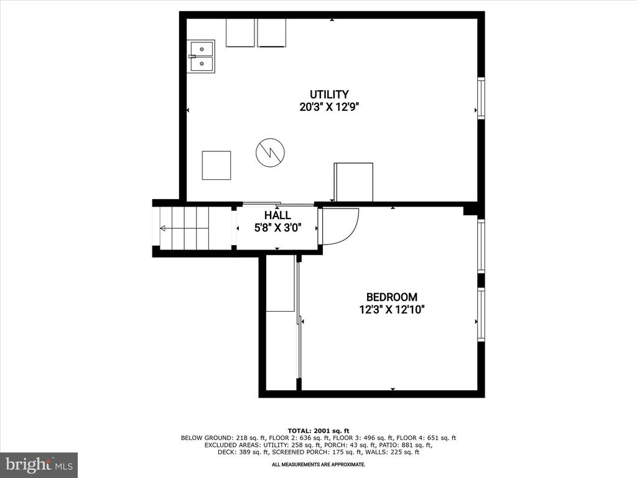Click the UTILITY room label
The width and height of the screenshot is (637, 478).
click(x=329, y=95)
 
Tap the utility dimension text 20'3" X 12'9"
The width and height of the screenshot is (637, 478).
click(x=330, y=107)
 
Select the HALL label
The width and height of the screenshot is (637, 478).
click(x=277, y=215)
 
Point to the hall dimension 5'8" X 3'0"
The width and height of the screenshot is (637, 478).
click(x=278, y=228)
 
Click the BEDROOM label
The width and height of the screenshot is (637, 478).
click(x=392, y=297)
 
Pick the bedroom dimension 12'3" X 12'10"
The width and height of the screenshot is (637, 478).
click(x=392, y=310)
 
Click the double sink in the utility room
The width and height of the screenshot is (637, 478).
click(x=201, y=57)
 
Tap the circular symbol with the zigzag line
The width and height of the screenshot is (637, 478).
click(x=270, y=152)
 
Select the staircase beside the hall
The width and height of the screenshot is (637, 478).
click(x=184, y=228)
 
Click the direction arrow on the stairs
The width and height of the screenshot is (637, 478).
click(x=184, y=228)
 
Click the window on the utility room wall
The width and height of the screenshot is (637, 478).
click(x=481, y=98)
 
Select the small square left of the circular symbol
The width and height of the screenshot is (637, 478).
click(x=216, y=165)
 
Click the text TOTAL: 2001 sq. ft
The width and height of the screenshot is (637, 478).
click(x=318, y=431)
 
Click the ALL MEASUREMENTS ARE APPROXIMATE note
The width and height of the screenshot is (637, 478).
click(x=318, y=464)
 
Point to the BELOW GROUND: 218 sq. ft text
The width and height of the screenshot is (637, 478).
click(x=223, y=438)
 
